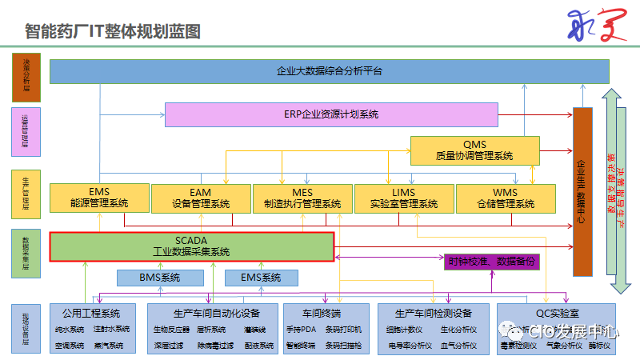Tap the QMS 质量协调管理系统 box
474,150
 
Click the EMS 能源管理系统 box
99,198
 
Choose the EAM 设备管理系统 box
200,198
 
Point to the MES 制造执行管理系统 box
302,198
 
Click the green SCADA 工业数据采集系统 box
191,246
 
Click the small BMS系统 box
160,278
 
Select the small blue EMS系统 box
261,278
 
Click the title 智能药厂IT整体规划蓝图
113,31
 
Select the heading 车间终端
322,313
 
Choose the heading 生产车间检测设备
433,313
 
